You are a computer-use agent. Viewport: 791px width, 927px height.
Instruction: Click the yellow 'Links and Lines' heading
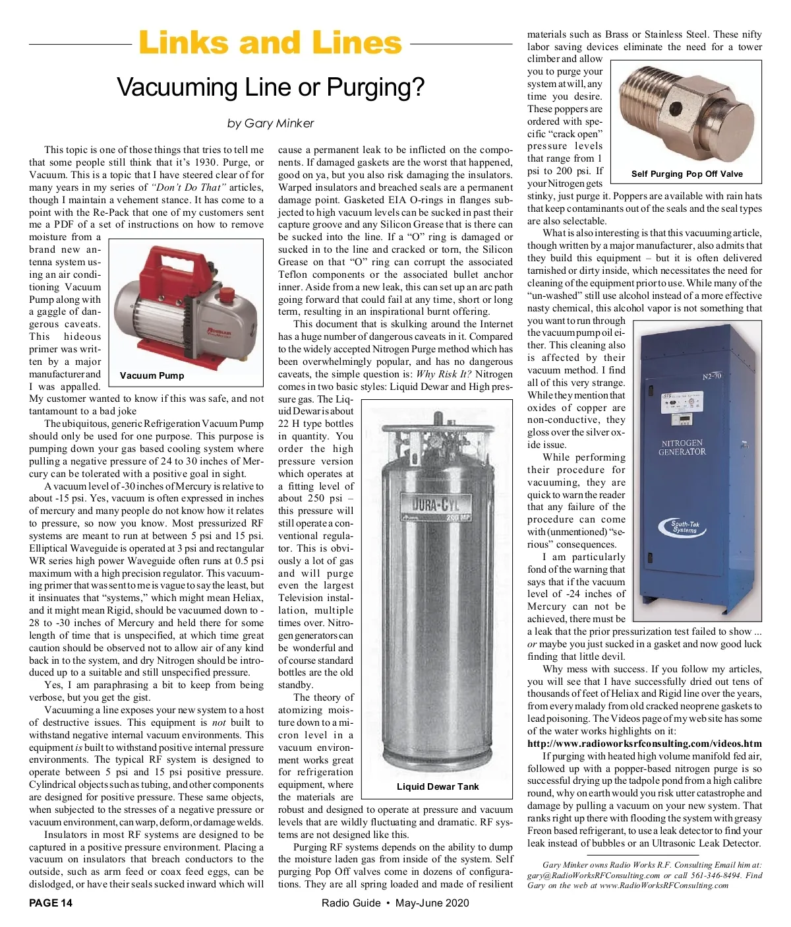270,43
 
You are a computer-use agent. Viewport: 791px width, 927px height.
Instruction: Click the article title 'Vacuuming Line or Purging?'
270,87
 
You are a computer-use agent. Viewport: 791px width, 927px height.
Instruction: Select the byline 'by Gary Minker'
270,123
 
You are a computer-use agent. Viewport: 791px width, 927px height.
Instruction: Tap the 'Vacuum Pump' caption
152,375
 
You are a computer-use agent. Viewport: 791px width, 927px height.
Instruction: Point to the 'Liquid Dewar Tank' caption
438,786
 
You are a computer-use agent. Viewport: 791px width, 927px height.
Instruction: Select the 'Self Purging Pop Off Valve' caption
686,174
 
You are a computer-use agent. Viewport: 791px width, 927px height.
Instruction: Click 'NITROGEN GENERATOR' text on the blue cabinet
682,447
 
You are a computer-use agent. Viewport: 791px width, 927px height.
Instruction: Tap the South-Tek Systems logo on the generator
686,527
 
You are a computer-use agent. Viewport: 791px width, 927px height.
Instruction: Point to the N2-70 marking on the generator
712,376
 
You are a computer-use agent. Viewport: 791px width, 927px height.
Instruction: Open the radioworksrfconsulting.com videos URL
644,743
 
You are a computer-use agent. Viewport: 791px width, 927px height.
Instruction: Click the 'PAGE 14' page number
51,903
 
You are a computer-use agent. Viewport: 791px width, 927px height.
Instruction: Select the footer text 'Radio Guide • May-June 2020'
395,903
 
